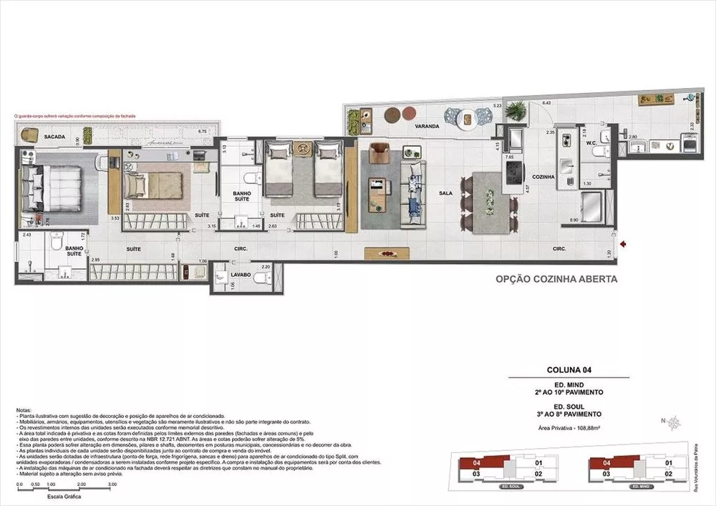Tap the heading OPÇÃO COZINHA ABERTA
(x=556, y=280)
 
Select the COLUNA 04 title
(x=568, y=370)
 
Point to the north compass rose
(x=674, y=422)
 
